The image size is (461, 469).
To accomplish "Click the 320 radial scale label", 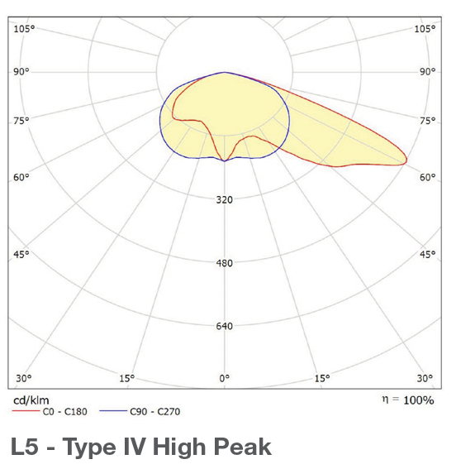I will tap(225, 199).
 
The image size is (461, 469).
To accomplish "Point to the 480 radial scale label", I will tap(225, 263).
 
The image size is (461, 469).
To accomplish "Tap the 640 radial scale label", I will tap(225, 326).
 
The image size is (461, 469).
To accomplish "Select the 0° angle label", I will tap(224, 379).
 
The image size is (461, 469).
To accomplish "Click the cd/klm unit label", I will tap(29, 400).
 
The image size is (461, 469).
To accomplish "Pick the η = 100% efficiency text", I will tap(406, 400).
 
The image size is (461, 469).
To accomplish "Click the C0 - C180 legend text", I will tap(66, 411).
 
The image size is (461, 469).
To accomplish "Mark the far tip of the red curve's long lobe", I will tap(406, 160).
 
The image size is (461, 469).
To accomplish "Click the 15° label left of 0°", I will tap(126, 379).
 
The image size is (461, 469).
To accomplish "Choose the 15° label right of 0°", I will tap(322, 379).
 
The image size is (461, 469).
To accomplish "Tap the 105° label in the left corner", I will tap(24, 29).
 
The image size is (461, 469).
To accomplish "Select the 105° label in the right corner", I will tap(425, 29).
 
